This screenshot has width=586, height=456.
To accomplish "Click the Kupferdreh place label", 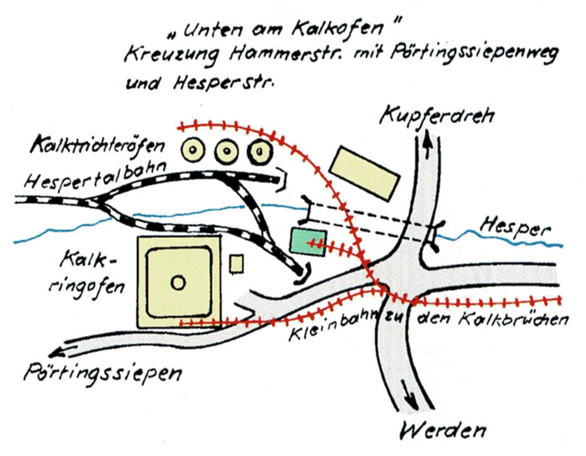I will click(x=437, y=115).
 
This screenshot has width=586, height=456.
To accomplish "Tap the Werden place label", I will click(x=443, y=430).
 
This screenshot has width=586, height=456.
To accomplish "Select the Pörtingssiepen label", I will click(x=103, y=373).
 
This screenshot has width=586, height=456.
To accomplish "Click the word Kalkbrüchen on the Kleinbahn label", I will click(x=513, y=319).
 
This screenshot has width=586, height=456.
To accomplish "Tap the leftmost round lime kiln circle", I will click(x=193, y=150).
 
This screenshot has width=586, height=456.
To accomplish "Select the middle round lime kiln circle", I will click(x=227, y=151).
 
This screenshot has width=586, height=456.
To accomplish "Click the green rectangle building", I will click(x=308, y=242).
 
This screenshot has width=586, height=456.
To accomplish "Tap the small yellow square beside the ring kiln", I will click(x=236, y=263).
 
